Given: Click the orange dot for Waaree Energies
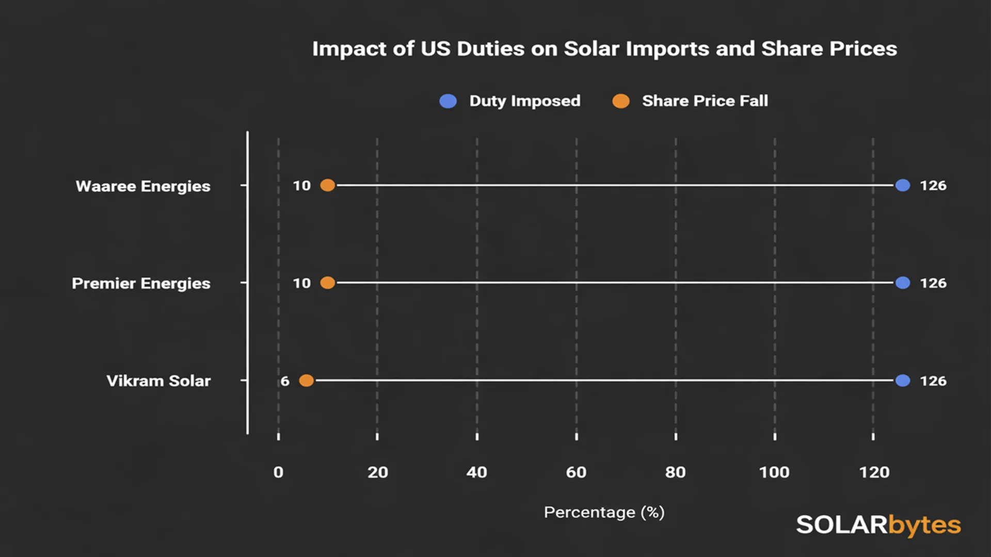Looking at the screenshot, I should click(328, 185).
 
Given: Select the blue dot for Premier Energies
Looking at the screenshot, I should click(903, 283).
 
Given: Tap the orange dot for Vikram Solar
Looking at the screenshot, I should click(307, 381).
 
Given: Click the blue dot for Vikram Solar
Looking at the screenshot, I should click(903, 381).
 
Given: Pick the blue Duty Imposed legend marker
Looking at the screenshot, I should click(448, 101).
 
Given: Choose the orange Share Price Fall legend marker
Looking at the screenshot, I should click(621, 101).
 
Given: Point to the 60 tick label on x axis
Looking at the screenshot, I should click(576, 472).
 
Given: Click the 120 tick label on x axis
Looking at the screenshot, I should click(874, 472).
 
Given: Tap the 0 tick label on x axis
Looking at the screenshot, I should click(278, 472).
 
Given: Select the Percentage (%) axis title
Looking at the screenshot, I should click(604, 512).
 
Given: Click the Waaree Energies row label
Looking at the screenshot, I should click(143, 186).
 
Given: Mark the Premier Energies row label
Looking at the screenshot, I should click(141, 283).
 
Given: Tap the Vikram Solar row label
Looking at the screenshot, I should click(158, 381).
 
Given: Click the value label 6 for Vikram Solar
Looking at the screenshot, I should click(285, 381).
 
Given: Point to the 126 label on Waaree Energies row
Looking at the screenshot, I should click(933, 185).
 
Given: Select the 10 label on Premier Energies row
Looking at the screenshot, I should click(302, 283).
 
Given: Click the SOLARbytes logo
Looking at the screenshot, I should click(878, 525).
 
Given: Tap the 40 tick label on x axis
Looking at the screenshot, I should click(476, 472).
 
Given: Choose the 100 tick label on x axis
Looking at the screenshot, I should click(774, 472).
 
